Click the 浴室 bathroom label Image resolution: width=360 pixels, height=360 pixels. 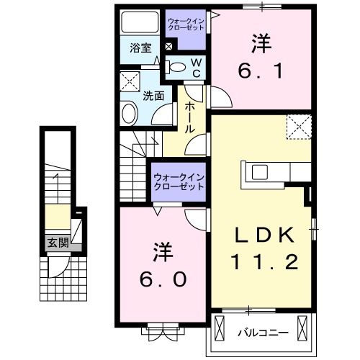coord(140,48)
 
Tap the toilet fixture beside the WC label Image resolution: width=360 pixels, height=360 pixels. coord(176,68)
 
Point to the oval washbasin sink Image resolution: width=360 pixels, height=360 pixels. coord(130,113)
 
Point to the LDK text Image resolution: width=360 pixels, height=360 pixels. coord(261,236)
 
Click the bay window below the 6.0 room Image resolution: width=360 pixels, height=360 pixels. coord(160,332)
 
